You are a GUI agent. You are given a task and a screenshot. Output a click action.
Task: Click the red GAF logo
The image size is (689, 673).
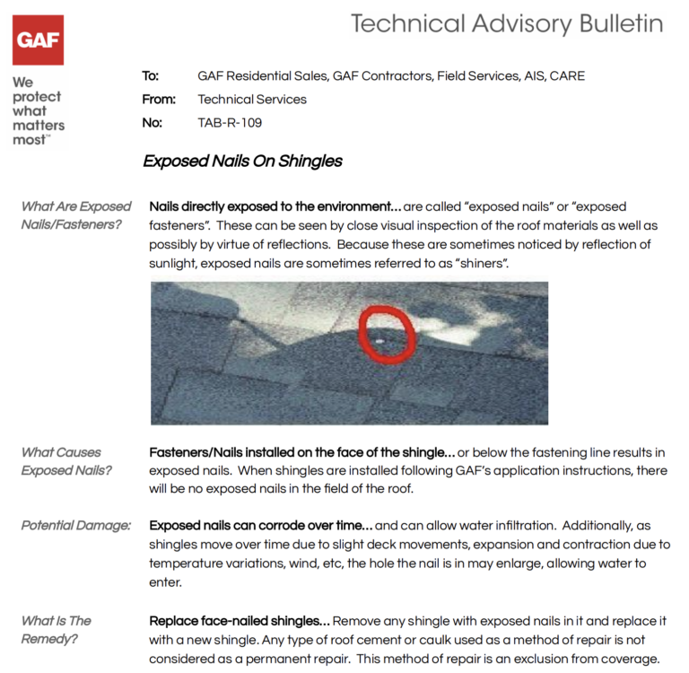coord(38,39)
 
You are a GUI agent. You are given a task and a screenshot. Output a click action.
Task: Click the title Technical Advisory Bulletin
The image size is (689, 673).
coord(507,24)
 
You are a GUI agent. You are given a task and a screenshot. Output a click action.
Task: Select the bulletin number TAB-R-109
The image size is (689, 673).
coord(230,123)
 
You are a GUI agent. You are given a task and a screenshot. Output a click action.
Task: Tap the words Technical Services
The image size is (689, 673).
coord(252,100)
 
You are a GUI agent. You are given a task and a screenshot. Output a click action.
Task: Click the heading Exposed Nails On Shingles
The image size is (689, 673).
coord(242,162)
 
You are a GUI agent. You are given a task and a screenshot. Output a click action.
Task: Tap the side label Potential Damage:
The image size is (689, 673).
coord(76,525)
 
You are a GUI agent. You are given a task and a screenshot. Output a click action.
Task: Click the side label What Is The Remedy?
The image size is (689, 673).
coord(56,629)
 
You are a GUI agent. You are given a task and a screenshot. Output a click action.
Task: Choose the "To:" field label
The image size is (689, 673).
coord(151,76)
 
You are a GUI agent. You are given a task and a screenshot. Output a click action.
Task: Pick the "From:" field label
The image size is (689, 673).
coord(159,100)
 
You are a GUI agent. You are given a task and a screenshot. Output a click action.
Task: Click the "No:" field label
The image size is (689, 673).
coord(152,123)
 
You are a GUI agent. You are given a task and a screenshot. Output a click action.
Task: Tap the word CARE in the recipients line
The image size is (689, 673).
coord(567,76)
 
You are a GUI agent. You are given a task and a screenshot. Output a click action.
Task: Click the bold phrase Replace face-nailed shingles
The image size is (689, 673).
coord(240,621)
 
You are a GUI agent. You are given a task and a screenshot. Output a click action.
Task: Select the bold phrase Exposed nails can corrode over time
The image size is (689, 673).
coord(259,525)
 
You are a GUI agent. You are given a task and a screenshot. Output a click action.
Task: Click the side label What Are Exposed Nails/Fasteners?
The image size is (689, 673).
coord(75,215)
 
